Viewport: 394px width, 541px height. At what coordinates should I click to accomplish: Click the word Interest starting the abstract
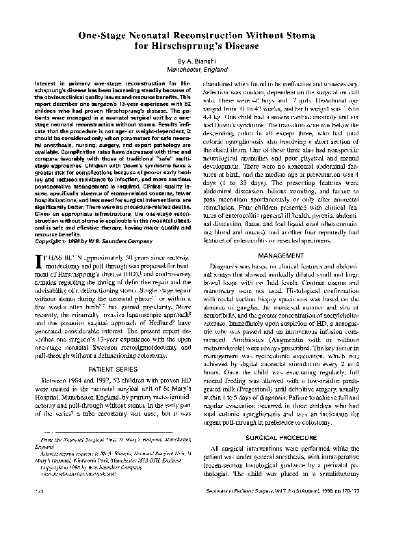pos(44,82)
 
